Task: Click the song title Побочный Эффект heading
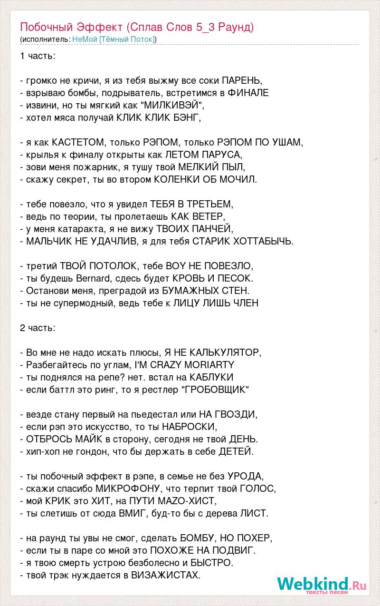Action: (x=137, y=27)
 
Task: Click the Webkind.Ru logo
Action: (x=321, y=585)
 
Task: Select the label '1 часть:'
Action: (x=38, y=56)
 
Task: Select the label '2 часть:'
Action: (x=38, y=328)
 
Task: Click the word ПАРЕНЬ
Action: (x=242, y=80)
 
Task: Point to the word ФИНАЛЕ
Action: (x=248, y=93)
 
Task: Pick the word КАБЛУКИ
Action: (x=211, y=377)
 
